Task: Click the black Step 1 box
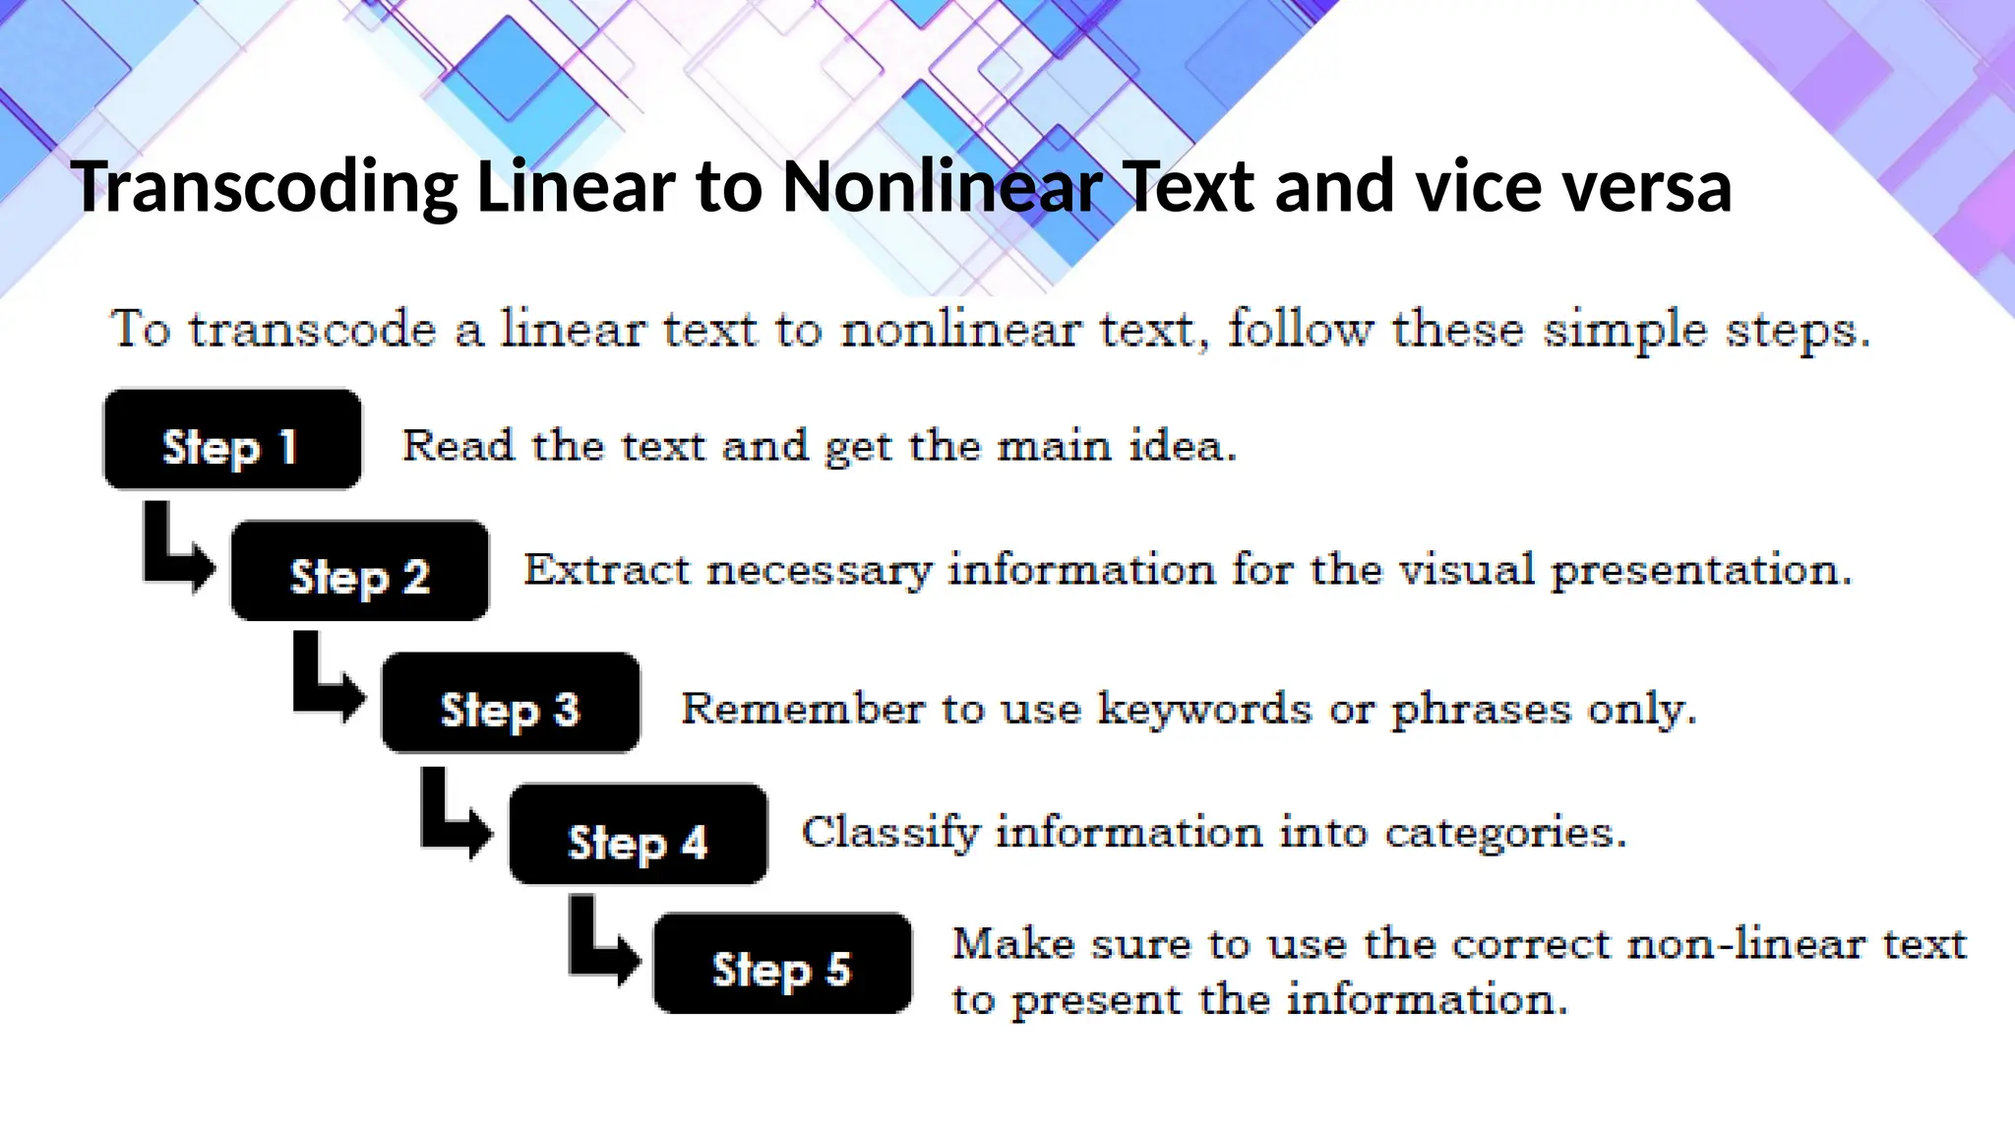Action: click(x=232, y=440)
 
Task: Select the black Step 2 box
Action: click(x=359, y=571)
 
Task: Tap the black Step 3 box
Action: click(x=511, y=703)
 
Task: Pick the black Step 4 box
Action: click(x=638, y=834)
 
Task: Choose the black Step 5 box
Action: click(x=782, y=963)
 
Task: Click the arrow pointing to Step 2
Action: click(x=177, y=551)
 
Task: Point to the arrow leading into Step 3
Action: click(x=328, y=681)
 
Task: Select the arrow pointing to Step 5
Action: click(x=602, y=942)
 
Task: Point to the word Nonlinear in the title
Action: click(x=941, y=187)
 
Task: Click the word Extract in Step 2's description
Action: click(x=606, y=570)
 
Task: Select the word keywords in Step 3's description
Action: click(x=1204, y=709)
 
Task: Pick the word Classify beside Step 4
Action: click(x=890, y=833)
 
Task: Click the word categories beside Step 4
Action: click(x=1505, y=833)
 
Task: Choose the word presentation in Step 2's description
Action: click(x=1701, y=570)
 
